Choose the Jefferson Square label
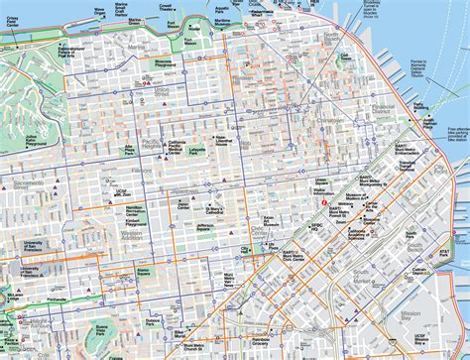click(205, 228)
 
